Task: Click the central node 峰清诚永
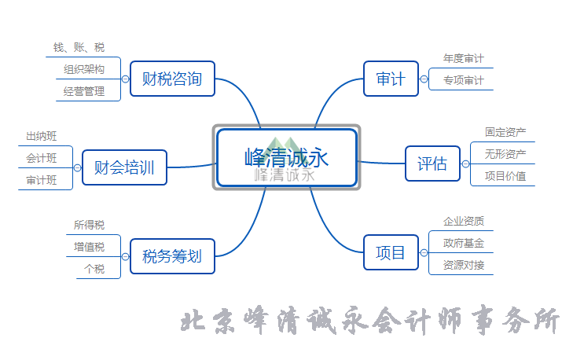[286, 157]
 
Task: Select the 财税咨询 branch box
[172, 79]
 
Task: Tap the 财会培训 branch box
[124, 167]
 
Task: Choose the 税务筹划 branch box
[172, 255]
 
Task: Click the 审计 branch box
[391, 79]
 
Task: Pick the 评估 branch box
[432, 163]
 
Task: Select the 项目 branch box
[391, 252]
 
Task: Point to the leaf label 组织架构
[84, 69]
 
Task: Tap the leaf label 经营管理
[84, 91]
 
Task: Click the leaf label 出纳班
[42, 136]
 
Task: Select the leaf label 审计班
[42, 180]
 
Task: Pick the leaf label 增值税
[89, 247]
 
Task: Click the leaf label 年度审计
[463, 58]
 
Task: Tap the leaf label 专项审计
[463, 80]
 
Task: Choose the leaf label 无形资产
[505, 153]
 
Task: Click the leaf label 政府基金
[463, 242]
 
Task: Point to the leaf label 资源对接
[463, 264]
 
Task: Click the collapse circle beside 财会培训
[77, 167]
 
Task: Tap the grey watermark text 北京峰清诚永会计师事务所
[370, 322]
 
